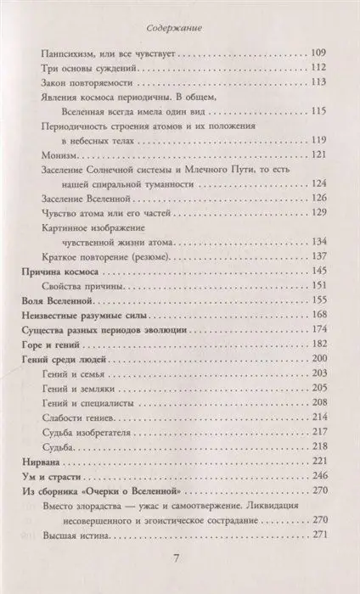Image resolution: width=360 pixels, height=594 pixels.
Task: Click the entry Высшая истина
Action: (x=70, y=566)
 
